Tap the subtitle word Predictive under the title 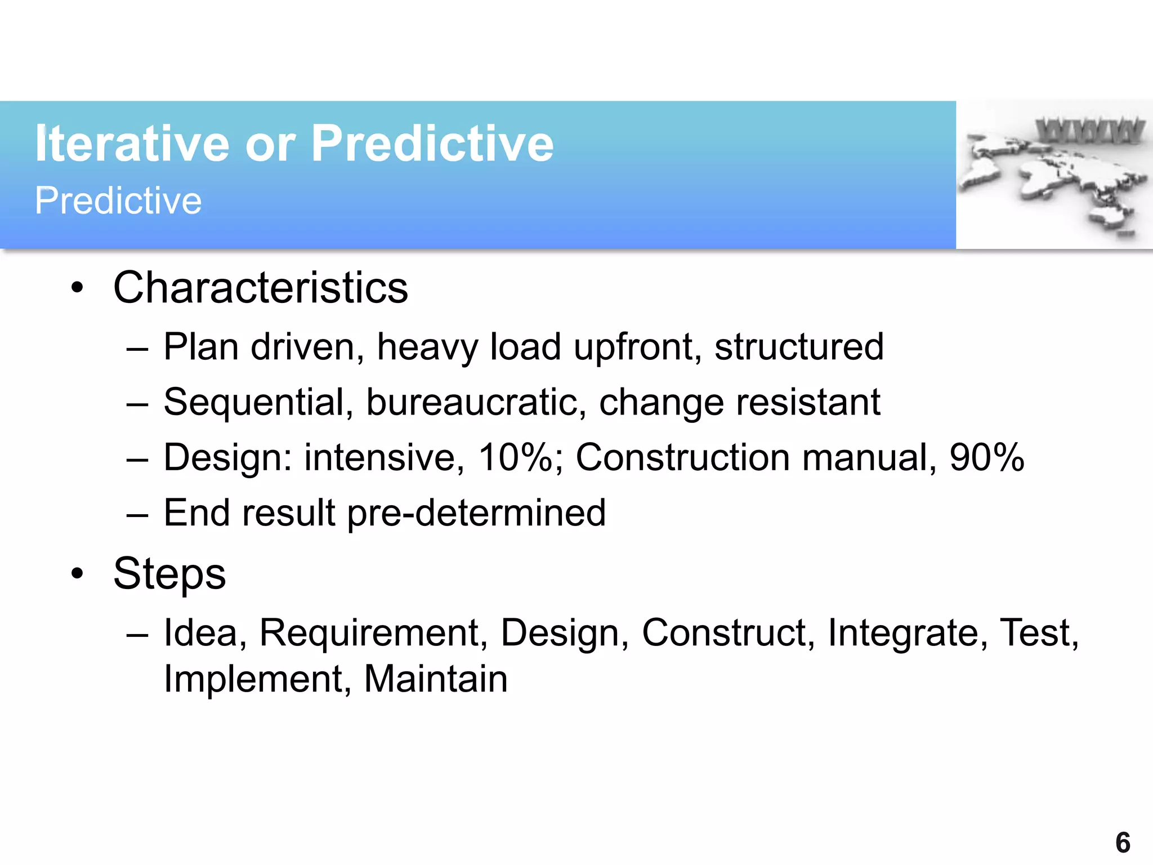coord(118,200)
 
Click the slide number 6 coord(1123,843)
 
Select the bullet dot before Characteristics coord(77,288)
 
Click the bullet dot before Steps coord(77,574)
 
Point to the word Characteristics coord(260,288)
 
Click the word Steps coord(169,574)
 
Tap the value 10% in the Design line coord(516,457)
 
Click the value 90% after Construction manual coord(986,457)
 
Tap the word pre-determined coord(476,513)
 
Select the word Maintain coord(436,679)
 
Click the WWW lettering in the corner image coord(1090,131)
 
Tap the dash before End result coord(137,514)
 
